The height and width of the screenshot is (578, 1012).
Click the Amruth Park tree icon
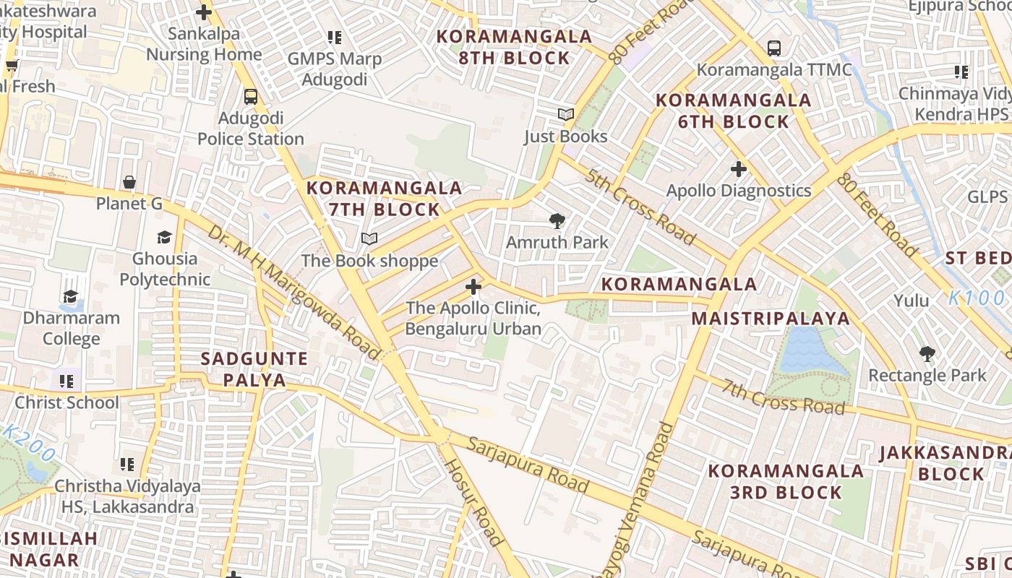(x=557, y=221)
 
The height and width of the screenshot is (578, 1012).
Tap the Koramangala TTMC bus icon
(x=774, y=48)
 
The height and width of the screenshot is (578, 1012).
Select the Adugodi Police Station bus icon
(x=251, y=96)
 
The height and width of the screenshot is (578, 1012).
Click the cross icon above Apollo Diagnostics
(x=738, y=169)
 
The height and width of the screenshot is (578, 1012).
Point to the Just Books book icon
(x=565, y=114)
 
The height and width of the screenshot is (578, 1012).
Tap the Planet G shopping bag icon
(x=129, y=182)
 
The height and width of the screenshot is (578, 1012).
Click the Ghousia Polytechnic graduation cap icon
(x=165, y=237)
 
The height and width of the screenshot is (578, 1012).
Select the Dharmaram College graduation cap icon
(x=71, y=296)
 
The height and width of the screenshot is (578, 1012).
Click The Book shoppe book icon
(x=369, y=238)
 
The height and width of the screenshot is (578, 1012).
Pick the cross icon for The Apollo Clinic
(x=473, y=287)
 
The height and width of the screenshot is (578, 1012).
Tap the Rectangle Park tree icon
(x=927, y=354)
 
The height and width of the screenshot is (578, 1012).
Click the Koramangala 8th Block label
(x=514, y=47)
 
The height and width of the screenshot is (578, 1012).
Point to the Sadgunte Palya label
(x=254, y=369)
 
